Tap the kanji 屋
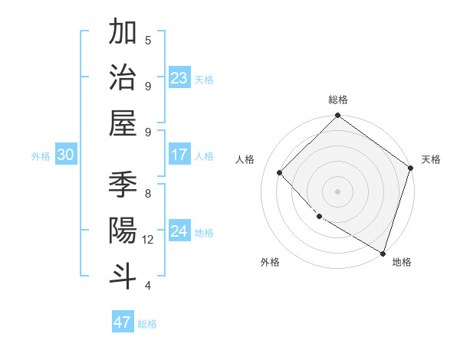pos(123,123)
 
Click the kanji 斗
pos(123,275)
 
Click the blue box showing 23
pos(179,78)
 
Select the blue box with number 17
pos(179,155)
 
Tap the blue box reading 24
pos(179,231)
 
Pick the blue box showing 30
pos(65,155)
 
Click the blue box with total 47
pos(123,322)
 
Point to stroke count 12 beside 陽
pos(148,240)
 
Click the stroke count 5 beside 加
pos(148,40)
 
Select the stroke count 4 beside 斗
pos(148,286)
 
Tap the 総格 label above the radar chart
pos(338,100)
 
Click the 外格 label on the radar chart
pos(270,262)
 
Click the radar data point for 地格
pos(383,252)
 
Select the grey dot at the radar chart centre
pos(338,191)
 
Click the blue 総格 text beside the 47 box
pos(147,324)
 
